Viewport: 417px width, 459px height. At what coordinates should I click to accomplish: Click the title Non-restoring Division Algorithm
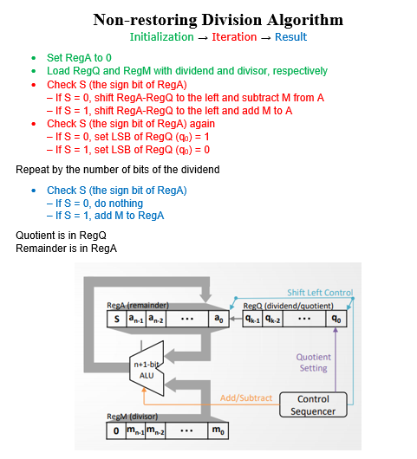pos(218,19)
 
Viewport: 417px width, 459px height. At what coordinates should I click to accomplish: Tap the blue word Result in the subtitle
pos(290,37)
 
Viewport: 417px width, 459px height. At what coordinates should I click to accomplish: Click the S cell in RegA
pos(115,320)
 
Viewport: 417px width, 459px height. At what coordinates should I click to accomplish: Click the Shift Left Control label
pos(320,293)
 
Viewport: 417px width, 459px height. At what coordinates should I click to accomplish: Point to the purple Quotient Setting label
pos(313,362)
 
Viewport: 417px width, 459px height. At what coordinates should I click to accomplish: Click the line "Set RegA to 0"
pos(79,56)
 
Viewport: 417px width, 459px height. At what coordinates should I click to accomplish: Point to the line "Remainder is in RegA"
pos(66,249)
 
